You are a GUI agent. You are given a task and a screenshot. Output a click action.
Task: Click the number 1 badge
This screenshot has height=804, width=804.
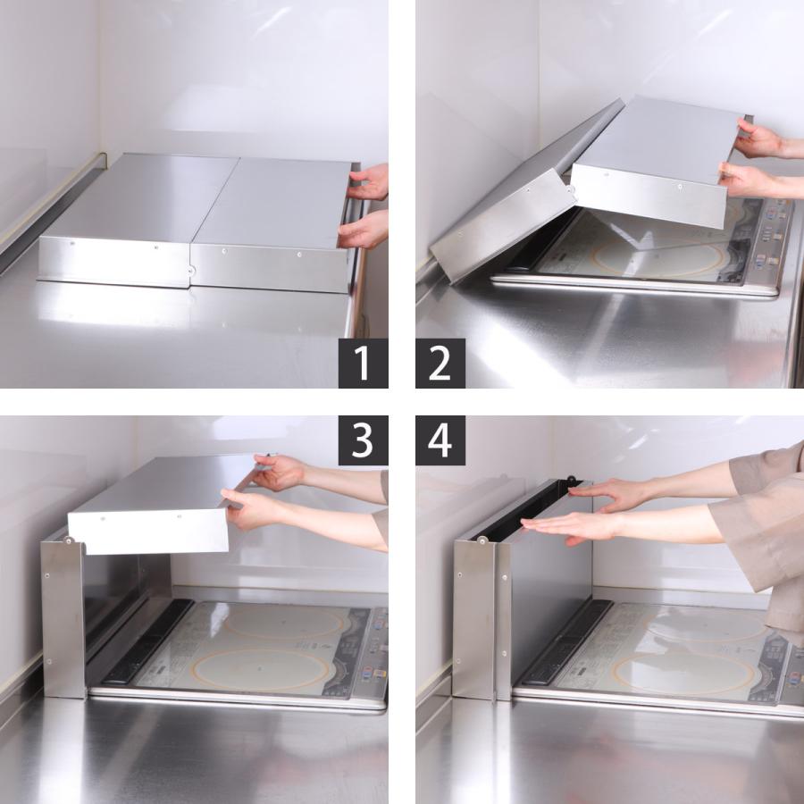[x=363, y=364]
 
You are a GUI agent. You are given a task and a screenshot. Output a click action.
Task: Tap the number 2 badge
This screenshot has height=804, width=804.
[x=440, y=364]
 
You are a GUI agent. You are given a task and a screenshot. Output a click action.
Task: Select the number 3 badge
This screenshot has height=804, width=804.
[x=363, y=440]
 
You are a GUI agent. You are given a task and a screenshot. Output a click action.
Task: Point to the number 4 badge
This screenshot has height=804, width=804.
[x=440, y=440]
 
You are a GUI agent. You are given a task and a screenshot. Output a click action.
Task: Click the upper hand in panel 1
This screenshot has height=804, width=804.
[x=370, y=182]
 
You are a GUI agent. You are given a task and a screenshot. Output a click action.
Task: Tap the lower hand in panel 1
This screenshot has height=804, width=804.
[x=364, y=230]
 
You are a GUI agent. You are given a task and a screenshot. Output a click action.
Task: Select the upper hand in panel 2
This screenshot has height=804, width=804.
[x=760, y=139]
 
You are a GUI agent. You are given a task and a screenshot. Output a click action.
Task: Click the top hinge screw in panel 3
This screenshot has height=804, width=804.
[x=68, y=540]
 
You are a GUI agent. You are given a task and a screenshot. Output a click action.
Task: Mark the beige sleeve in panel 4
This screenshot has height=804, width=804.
[x=759, y=518]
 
